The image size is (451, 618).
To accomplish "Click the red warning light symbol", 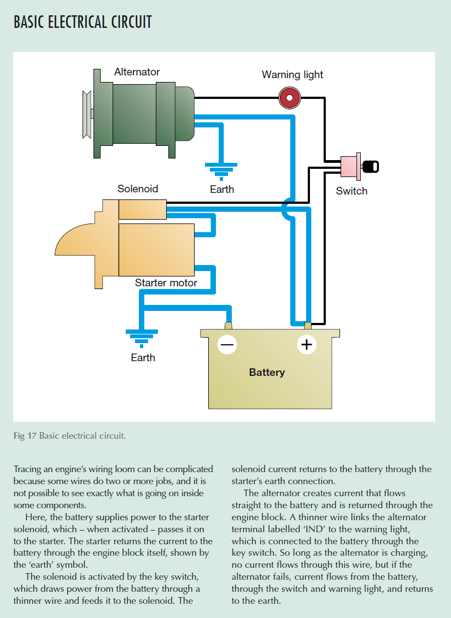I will pos(289,98).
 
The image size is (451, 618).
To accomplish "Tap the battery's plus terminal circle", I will pos(307,344).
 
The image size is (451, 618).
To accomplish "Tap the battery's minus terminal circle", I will pos(227,344).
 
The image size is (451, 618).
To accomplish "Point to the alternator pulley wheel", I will pos(86,114).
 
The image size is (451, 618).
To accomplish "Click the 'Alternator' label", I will pos(137,72).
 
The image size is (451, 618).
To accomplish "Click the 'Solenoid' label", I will pos(138,189).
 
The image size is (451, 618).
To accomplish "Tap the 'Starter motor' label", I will pos(166,283).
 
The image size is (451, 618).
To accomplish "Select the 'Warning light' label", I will pos(292,75).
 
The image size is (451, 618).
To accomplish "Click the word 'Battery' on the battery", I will pos(267,373).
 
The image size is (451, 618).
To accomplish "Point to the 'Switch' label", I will pos(352,191).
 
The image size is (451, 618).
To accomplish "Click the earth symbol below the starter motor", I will pos(142,338).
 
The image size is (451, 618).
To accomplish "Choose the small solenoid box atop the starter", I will pos(142,209).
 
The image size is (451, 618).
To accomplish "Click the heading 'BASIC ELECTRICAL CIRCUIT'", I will pos(83,22).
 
